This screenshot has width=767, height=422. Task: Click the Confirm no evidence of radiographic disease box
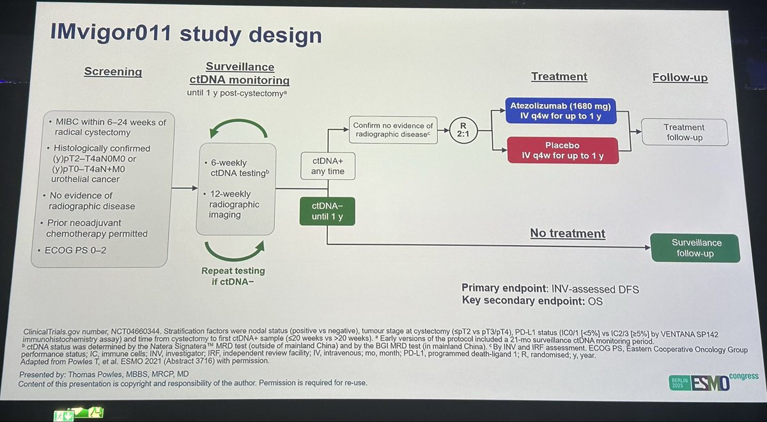[x=392, y=130]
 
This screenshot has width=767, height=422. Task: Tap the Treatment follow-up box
[x=683, y=132]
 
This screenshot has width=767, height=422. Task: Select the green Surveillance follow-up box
[x=695, y=248]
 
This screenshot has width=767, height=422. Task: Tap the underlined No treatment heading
[x=568, y=234]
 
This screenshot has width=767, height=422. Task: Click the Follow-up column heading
[x=679, y=77]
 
